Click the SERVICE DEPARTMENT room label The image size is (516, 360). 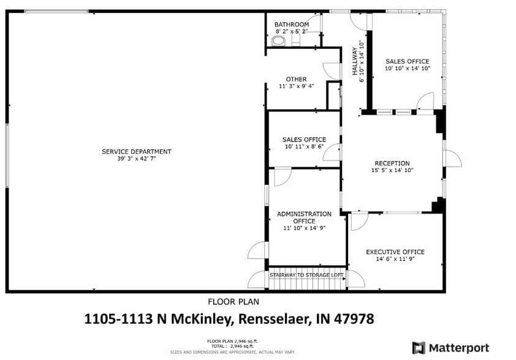point(137,152)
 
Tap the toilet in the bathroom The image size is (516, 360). point(279,41)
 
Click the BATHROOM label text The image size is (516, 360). point(292,24)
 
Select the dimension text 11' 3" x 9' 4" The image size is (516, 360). point(297,86)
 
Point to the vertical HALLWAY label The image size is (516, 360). point(354,61)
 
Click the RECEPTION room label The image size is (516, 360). point(392,163)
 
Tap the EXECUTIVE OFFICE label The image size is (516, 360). point(395,252)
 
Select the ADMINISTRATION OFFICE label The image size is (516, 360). point(304,217)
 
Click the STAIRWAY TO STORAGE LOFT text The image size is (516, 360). point(306,276)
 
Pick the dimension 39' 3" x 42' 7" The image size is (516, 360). point(137,159)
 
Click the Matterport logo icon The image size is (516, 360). point(419,348)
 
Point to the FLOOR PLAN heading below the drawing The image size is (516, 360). point(233,301)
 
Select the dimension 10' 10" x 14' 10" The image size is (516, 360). point(407,69)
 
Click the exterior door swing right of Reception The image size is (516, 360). point(452,158)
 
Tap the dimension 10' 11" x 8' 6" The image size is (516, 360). point(304,147)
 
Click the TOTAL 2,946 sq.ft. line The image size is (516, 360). point(232,347)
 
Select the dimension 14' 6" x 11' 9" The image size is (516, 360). point(395,260)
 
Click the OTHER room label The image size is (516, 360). point(296,79)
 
